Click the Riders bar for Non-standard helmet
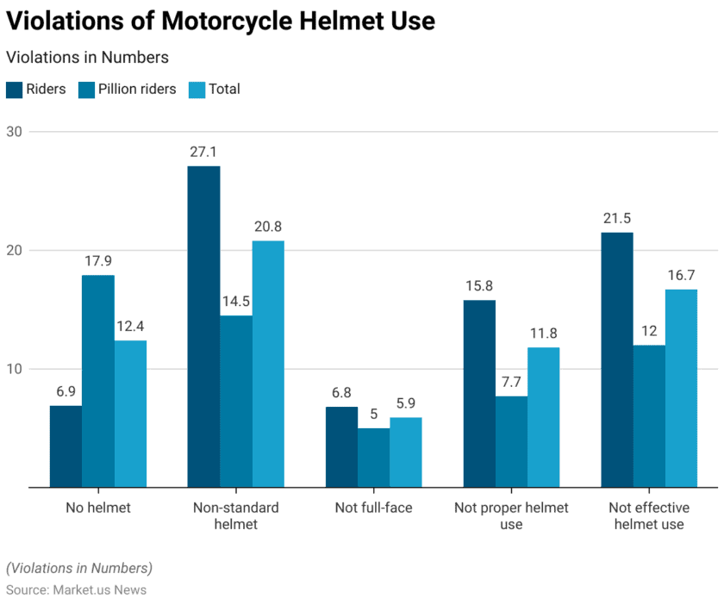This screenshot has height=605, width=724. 203,327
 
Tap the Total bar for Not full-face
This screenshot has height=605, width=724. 405,452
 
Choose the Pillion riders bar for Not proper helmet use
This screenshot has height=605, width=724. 511,441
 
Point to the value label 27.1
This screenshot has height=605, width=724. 203,151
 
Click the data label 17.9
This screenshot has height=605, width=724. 97,259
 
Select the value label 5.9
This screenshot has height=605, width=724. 405,402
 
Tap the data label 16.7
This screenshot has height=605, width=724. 681,274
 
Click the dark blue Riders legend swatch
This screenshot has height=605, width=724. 14,89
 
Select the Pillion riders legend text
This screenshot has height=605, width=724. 137,89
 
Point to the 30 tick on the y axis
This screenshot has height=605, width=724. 16,132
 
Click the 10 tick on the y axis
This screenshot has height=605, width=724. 16,369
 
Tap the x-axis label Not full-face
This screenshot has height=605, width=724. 373,508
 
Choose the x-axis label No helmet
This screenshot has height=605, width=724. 97,508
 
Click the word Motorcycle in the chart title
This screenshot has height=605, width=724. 229,21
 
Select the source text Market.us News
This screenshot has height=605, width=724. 99,590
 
